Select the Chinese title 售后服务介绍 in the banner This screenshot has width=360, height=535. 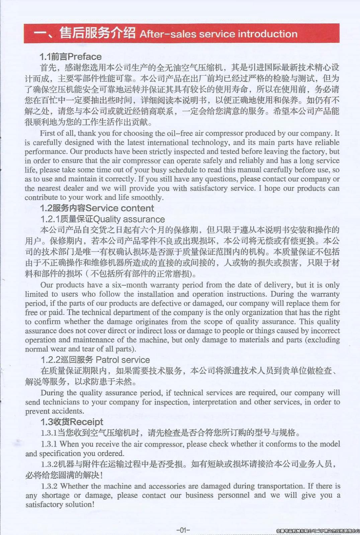pos(97,33)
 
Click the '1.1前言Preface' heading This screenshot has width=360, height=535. pos(71,57)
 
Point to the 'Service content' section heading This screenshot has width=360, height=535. pos(120,208)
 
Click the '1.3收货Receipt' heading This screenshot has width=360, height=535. pos(72,422)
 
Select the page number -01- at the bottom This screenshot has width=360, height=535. pos(183,530)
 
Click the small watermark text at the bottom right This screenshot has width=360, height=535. pos(318,531)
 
